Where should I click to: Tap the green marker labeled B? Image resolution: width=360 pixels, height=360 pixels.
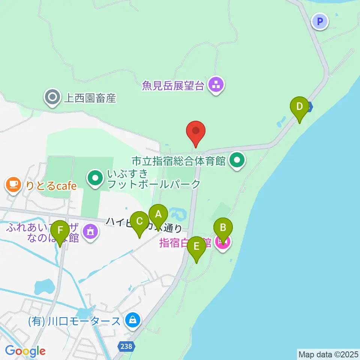pos(223,228)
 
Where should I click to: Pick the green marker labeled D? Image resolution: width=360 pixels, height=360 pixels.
pos(299,106)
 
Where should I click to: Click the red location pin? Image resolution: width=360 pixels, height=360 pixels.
pos(196,132)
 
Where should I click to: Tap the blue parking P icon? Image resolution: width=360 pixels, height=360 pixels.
pos(320,21)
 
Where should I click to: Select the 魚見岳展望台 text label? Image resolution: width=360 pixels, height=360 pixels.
pos(173,86)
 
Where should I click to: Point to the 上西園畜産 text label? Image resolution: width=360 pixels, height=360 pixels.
pos(90,98)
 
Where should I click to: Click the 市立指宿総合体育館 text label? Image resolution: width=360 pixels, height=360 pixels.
pos(178,161)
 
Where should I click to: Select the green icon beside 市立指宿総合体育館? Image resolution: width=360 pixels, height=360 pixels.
pos(237,161)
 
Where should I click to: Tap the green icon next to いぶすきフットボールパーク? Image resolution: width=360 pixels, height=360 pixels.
pos(95,177)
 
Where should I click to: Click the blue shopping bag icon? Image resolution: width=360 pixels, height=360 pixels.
pos(132,321)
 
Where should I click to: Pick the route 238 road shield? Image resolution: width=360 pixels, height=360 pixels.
pos(126,346)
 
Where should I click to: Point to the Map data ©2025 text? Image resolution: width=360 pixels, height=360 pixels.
pos(328,354)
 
